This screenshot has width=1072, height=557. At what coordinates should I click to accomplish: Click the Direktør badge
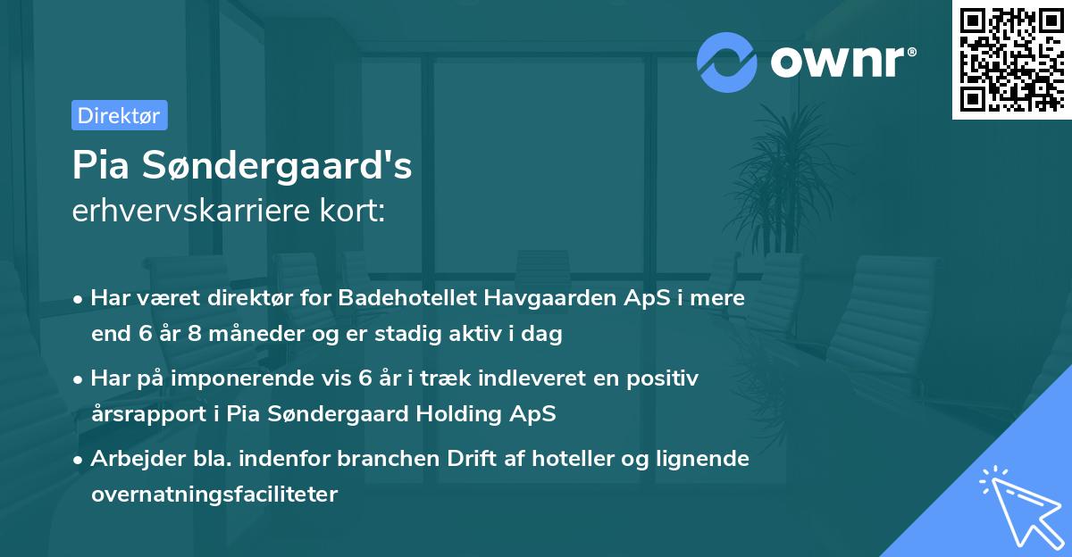[119, 115]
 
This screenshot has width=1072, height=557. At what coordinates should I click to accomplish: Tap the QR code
[1011, 59]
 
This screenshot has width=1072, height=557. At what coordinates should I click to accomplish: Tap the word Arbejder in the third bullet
[133, 459]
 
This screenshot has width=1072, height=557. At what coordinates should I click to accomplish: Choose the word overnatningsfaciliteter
[214, 495]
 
